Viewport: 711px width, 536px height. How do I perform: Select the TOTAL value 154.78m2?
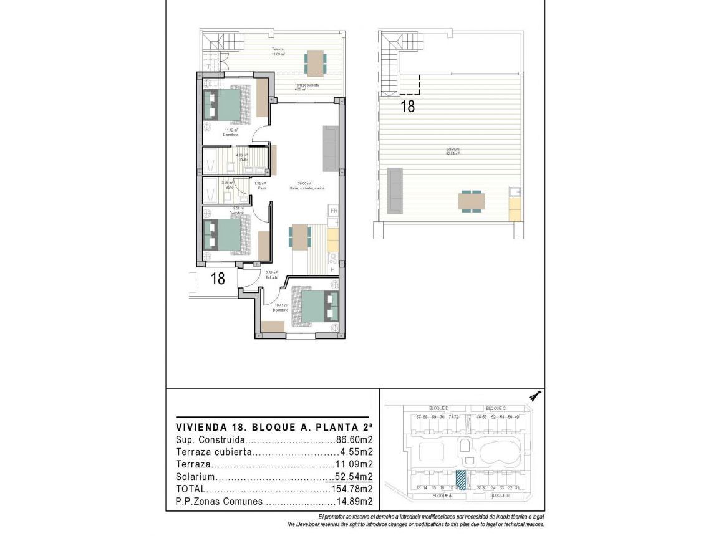pyautogui.click(x=352, y=489)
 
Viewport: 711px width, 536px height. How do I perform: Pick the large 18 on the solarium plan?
pyautogui.click(x=407, y=106)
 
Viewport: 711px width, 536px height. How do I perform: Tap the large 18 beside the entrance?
pyautogui.click(x=218, y=279)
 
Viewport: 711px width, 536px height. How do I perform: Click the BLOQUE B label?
pyautogui.click(x=500, y=495)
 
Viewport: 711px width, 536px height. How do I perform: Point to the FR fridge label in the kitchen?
pyautogui.click(x=334, y=211)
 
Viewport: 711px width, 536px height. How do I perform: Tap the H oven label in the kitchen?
pyautogui.click(x=333, y=269)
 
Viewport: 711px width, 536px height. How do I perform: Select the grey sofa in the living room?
pyautogui.click(x=331, y=148)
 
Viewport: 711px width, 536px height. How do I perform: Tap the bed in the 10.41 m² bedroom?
pyautogui.click(x=316, y=305)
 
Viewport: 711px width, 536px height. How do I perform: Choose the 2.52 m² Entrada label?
pyautogui.click(x=271, y=275)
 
